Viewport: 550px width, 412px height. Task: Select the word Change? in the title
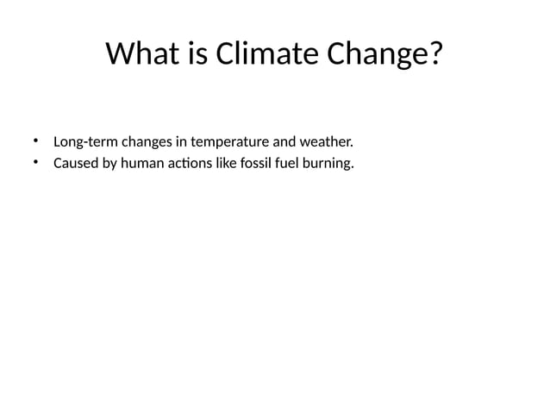pos(384,54)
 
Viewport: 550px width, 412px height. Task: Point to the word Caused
pos(75,163)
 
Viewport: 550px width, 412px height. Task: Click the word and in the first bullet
pos(285,141)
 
